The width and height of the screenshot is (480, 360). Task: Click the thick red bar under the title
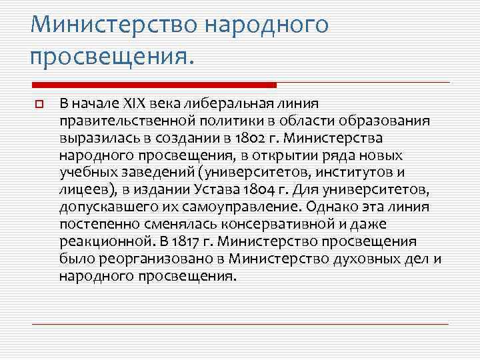click(x=154, y=85)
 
